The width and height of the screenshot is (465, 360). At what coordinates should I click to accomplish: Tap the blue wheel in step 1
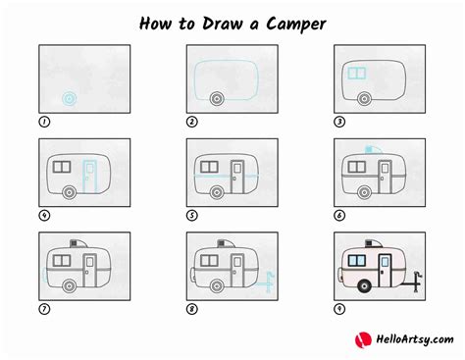pos(69,98)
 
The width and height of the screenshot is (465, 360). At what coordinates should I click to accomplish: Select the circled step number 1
pos(43,122)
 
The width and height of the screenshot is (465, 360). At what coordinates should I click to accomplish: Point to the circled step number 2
pos(192,122)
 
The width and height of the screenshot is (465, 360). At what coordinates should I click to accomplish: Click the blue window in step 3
pos(358,73)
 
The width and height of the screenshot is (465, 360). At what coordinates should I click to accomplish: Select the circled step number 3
pos(339,122)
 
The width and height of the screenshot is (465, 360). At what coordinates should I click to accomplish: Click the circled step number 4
pos(43,214)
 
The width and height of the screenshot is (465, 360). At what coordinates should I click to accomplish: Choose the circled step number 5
pos(192,214)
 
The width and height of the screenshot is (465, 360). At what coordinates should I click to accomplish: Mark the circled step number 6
pos(339,214)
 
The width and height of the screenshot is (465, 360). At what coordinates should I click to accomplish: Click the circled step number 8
pos(192,307)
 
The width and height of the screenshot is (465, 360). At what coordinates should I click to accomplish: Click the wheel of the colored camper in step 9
pos(365,285)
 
